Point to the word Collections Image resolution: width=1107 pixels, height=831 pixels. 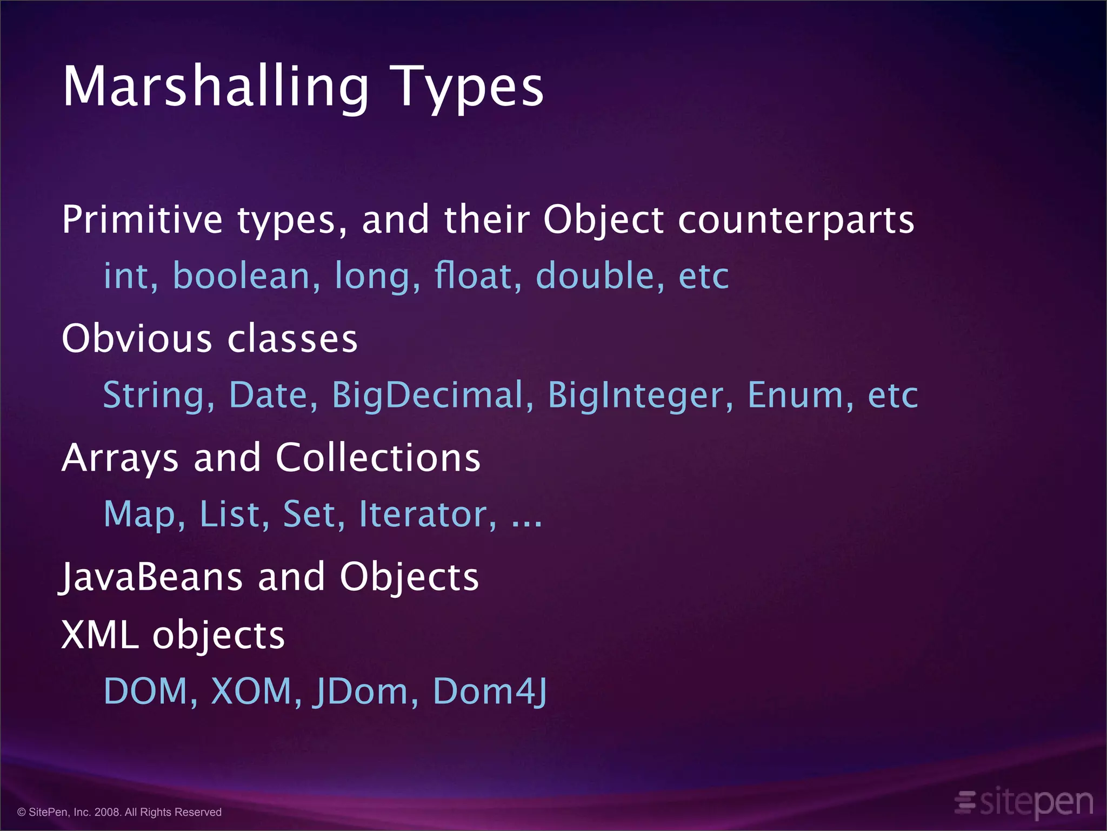point(378,458)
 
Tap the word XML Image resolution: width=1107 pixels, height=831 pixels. point(100,635)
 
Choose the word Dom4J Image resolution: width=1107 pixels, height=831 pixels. point(490,691)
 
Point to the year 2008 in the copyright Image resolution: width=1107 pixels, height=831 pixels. point(108,812)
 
